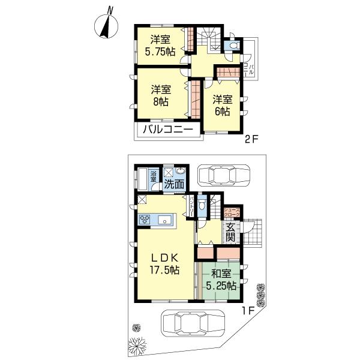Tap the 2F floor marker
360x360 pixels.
coord(251,142)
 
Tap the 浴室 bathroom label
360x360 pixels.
coord(153,176)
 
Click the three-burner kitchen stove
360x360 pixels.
coord(145,220)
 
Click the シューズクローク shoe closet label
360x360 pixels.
coord(232,211)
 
